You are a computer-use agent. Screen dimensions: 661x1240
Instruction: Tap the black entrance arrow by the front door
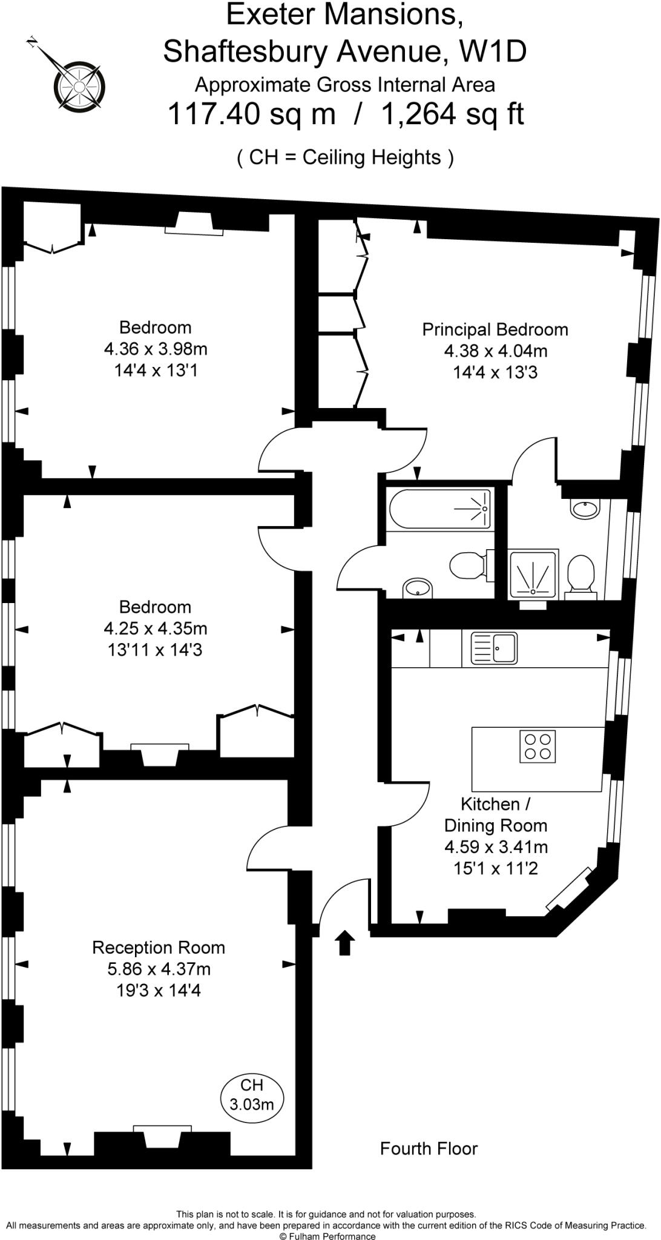tap(345, 943)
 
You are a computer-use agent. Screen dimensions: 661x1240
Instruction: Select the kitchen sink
tap(494, 648)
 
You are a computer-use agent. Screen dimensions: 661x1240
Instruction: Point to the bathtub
tap(439, 510)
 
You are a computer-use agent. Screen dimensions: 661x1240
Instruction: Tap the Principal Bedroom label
tap(495, 329)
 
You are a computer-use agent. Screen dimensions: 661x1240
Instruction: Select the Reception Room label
tap(159, 948)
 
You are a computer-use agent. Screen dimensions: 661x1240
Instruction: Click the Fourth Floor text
tap(429, 1149)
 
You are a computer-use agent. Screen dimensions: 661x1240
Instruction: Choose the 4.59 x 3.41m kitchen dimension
tap(496, 847)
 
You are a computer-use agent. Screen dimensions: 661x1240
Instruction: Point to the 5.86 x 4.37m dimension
tap(159, 969)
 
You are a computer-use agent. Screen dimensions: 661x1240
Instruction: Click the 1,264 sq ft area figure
tap(452, 113)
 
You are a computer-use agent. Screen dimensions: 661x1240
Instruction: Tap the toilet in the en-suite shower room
tap(580, 573)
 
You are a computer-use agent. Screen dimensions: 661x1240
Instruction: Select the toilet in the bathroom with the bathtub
tap(469, 566)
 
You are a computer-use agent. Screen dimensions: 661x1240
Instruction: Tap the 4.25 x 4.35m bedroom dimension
tap(156, 628)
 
